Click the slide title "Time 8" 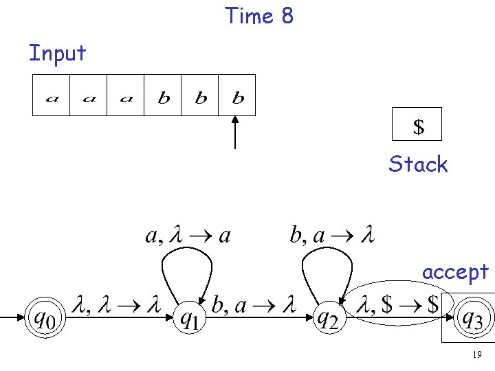259,15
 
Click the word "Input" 57,53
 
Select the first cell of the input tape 52,95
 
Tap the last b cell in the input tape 237,95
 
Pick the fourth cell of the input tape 163,95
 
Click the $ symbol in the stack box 417,126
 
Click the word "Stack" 417,164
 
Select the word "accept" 455,272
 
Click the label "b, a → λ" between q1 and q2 254,306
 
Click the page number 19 476,355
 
